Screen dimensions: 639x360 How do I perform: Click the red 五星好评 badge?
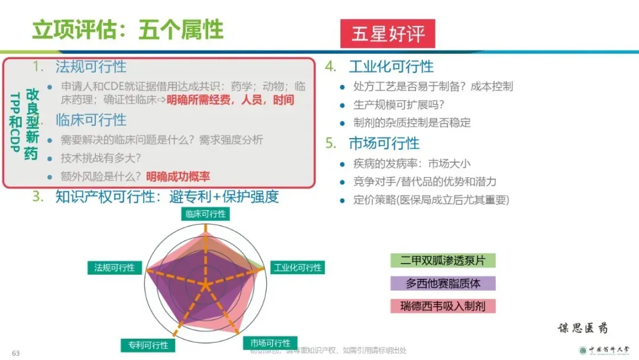click(x=388, y=34)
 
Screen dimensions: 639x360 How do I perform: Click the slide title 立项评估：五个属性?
click(x=127, y=30)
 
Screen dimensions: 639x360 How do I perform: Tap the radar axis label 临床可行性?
click(x=205, y=214)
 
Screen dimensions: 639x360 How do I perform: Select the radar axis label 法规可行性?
click(x=114, y=268)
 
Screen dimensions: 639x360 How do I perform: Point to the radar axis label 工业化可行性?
click(x=298, y=268)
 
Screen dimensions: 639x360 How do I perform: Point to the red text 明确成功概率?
click(x=178, y=176)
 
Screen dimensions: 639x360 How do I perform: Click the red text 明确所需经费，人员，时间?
click(x=230, y=99)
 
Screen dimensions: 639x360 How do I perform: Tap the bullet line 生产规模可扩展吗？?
click(x=399, y=105)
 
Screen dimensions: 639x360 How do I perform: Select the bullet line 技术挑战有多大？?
click(x=101, y=158)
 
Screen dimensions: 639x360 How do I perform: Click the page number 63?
click(x=16, y=353)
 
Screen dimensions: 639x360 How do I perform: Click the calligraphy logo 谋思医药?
click(x=582, y=328)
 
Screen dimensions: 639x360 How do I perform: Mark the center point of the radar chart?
click(x=205, y=285)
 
